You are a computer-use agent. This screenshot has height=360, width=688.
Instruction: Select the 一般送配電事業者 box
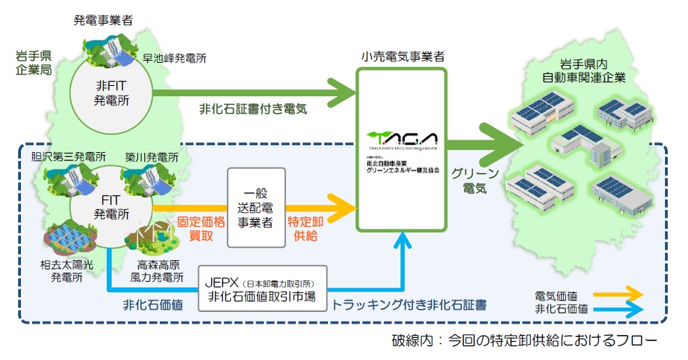click(x=256, y=207)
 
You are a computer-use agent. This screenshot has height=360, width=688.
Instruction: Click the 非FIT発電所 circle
click(x=114, y=93)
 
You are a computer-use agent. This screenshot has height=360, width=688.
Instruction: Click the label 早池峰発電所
click(x=174, y=59)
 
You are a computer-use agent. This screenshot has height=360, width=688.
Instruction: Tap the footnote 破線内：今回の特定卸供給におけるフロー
click(x=524, y=341)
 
